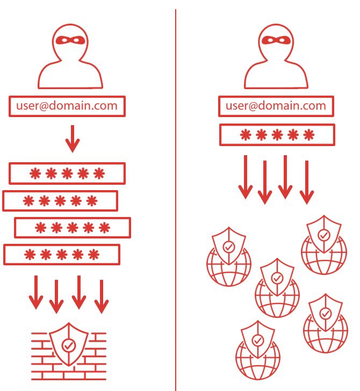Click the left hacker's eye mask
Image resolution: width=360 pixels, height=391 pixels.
coord(72,40)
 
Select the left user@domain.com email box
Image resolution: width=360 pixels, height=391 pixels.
coord(67,106)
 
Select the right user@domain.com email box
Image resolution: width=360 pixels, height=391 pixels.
coord(276,106)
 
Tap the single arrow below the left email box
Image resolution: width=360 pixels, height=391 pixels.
coord(72,139)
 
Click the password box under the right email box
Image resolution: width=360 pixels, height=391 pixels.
coord(277,134)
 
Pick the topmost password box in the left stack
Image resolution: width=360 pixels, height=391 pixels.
coord(67,173)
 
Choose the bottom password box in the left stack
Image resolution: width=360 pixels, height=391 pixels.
coord(61,254)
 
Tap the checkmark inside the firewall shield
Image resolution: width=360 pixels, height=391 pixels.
coord(68,345)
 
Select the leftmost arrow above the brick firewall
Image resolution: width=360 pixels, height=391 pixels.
coord(35,292)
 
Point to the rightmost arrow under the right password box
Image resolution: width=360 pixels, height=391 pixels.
coord(306,182)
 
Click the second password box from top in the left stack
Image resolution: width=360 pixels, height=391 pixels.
coord(60,201)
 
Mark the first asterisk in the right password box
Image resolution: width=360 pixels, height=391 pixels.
coord(244,134)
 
